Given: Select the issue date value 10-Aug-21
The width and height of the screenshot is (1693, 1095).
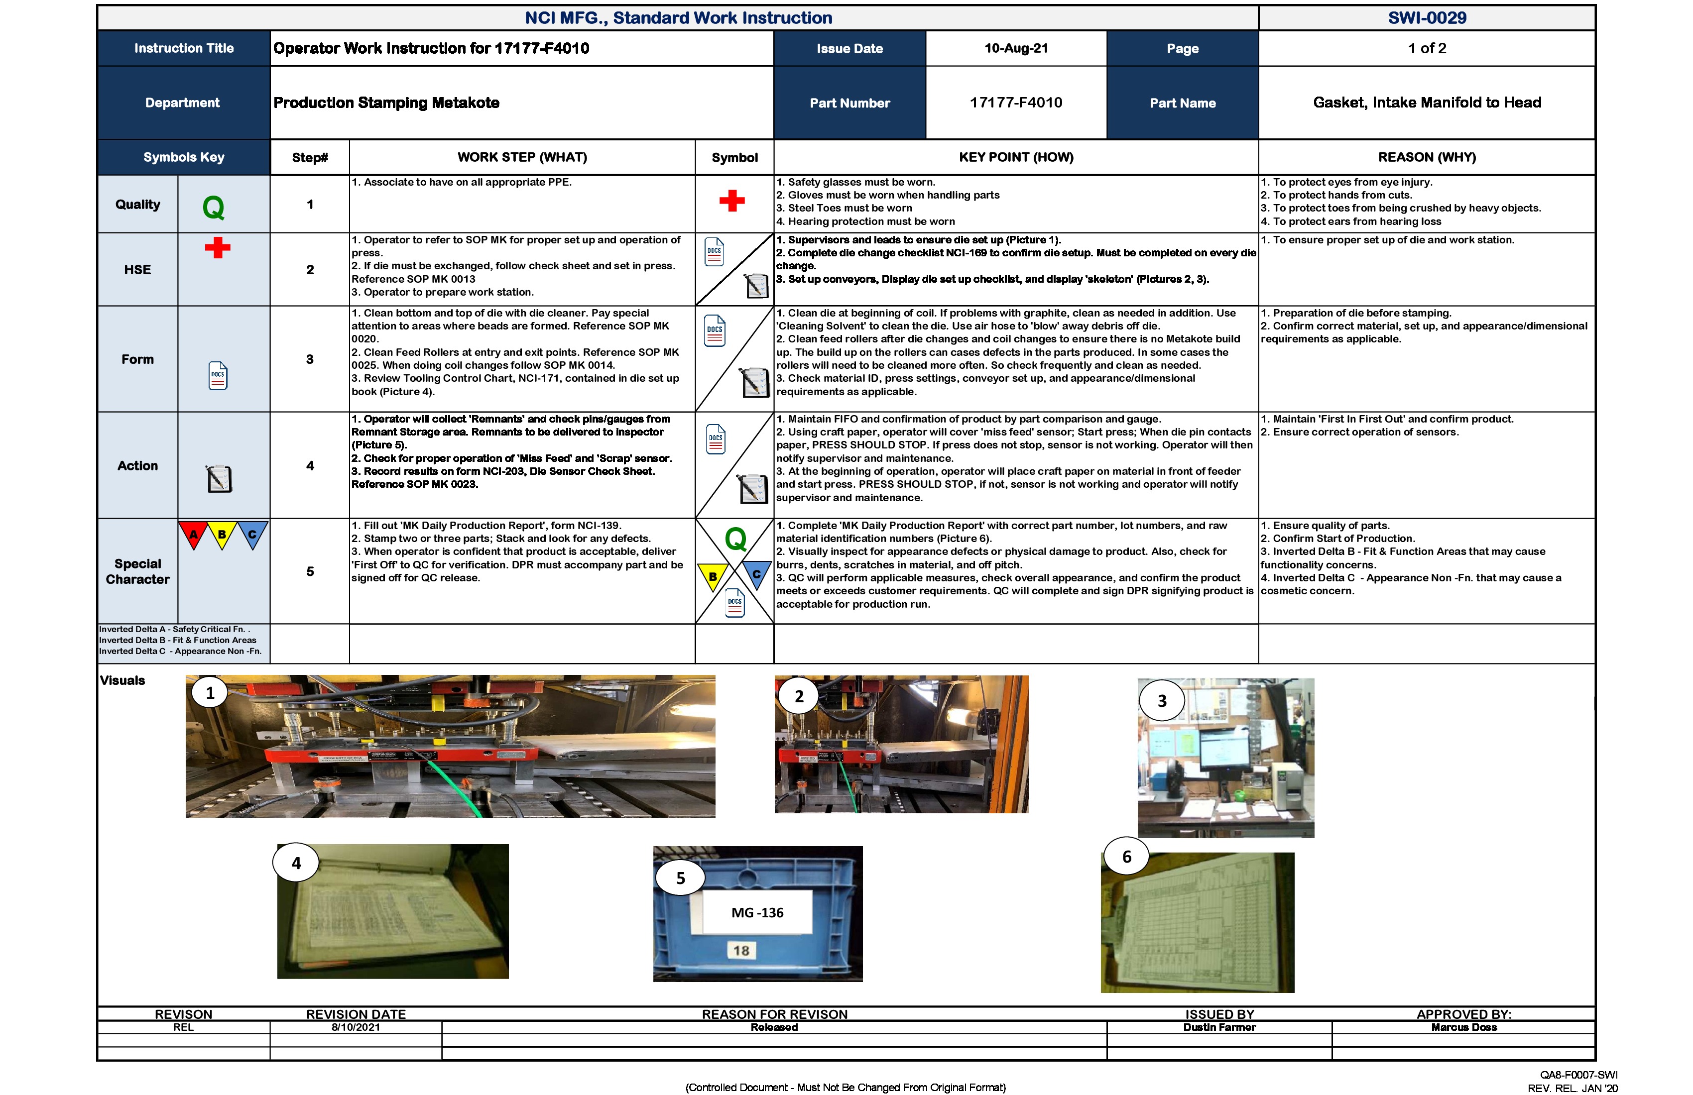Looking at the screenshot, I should point(1016,48).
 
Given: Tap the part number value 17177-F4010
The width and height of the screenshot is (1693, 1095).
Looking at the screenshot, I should point(1016,103).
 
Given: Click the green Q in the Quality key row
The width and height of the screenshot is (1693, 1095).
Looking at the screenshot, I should point(214,208).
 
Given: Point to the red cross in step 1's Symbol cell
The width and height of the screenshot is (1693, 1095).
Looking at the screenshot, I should point(732,201).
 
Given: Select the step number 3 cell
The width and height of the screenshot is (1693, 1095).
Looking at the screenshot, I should point(309,359).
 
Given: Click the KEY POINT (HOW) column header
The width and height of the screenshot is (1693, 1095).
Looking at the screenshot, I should point(1016,157).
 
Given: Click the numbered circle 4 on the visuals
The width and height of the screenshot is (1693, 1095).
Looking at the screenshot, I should point(296,863).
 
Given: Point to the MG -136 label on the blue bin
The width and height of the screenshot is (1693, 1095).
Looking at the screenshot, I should point(757,912).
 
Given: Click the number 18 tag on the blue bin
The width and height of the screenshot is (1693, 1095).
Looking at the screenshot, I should point(741,951).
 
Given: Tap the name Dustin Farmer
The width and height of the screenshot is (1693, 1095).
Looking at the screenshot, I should point(1219,1027).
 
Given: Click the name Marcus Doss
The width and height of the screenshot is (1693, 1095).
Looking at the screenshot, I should point(1464,1027).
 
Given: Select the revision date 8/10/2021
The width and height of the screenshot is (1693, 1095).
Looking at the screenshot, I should point(356,1027).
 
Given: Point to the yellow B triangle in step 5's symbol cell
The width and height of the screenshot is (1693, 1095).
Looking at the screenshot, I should point(712,576).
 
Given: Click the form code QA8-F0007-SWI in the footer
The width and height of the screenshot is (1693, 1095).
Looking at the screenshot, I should point(1578,1075).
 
